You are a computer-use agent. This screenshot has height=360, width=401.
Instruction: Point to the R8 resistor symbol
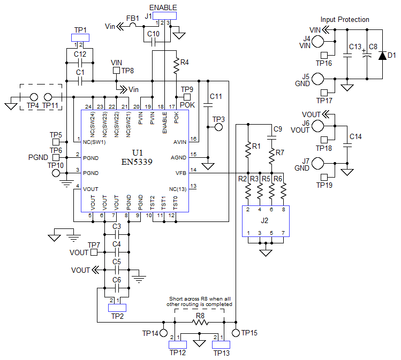click(200, 323)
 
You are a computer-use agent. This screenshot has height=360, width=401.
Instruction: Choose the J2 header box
click(266, 219)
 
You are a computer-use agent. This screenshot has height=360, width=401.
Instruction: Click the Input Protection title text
click(345, 20)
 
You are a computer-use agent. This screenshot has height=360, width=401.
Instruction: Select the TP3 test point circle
click(218, 128)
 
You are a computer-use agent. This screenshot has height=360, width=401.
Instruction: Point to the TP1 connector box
click(80, 38)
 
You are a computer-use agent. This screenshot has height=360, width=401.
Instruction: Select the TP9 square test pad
click(187, 97)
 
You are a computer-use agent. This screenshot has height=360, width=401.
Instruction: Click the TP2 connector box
click(117, 307)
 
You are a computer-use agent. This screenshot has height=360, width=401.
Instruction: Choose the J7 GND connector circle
click(318, 163)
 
